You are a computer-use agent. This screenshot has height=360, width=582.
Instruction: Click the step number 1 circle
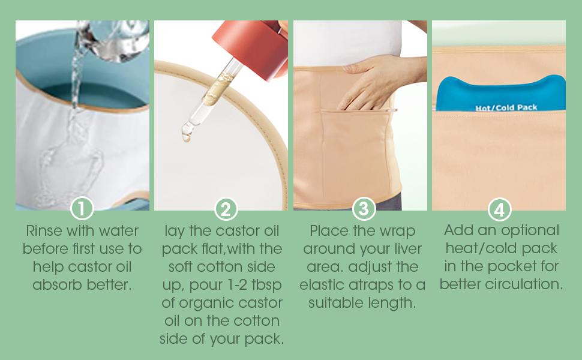point(82,209)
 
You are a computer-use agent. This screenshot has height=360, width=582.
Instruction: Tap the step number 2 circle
point(225,209)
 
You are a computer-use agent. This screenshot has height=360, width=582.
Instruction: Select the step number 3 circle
point(362,209)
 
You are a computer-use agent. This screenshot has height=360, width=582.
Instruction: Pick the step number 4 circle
point(499,209)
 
